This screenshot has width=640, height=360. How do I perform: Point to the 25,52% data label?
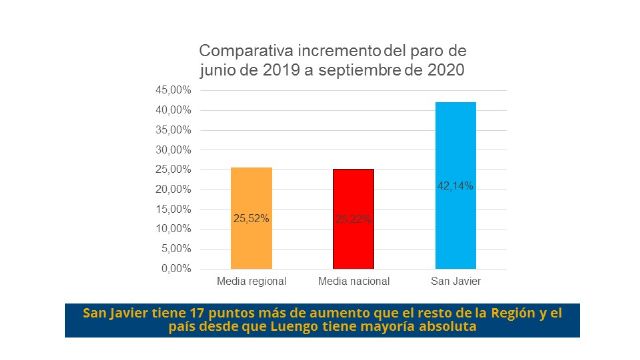click(x=251, y=217)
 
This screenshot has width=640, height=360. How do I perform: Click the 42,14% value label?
click(x=455, y=185)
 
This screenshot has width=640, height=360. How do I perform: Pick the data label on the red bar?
click(x=353, y=218)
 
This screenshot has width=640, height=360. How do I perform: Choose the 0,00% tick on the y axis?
click(x=176, y=269)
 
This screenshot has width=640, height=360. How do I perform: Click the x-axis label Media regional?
click(x=251, y=281)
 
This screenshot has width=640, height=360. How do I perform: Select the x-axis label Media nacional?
click(x=353, y=281)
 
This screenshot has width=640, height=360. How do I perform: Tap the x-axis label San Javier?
click(x=455, y=281)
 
